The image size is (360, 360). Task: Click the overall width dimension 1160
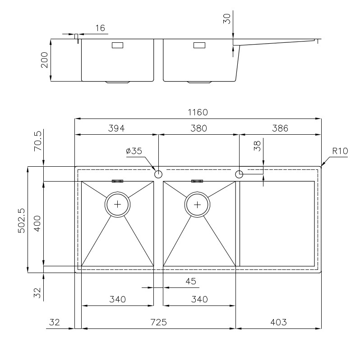[x=198, y=112]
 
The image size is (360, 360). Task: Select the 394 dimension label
[x=116, y=128]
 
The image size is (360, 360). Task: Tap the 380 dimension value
[x=198, y=128]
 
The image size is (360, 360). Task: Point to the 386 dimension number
[x=280, y=128]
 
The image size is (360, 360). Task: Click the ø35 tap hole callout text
[x=134, y=151]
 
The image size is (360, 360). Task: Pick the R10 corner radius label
[x=340, y=151]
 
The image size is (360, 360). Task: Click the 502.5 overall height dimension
[x=21, y=221]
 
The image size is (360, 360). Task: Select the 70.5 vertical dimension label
[x=38, y=141]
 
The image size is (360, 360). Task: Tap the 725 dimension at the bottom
[x=158, y=322]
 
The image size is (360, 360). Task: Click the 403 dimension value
[x=278, y=322]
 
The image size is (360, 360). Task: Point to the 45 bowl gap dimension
[x=191, y=281]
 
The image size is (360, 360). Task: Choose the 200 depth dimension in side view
[x=44, y=60]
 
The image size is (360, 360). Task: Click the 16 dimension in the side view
[x=100, y=28]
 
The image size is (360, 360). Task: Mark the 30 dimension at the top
[x=226, y=18]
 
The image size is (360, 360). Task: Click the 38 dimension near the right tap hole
[x=257, y=146]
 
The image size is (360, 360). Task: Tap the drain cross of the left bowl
[x=117, y=204]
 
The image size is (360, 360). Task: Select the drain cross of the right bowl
[x=197, y=205]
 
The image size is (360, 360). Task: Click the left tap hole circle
[x=158, y=174]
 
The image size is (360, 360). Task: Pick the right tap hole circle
[x=239, y=174]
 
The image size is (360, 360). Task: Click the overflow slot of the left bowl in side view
[x=117, y=45]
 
